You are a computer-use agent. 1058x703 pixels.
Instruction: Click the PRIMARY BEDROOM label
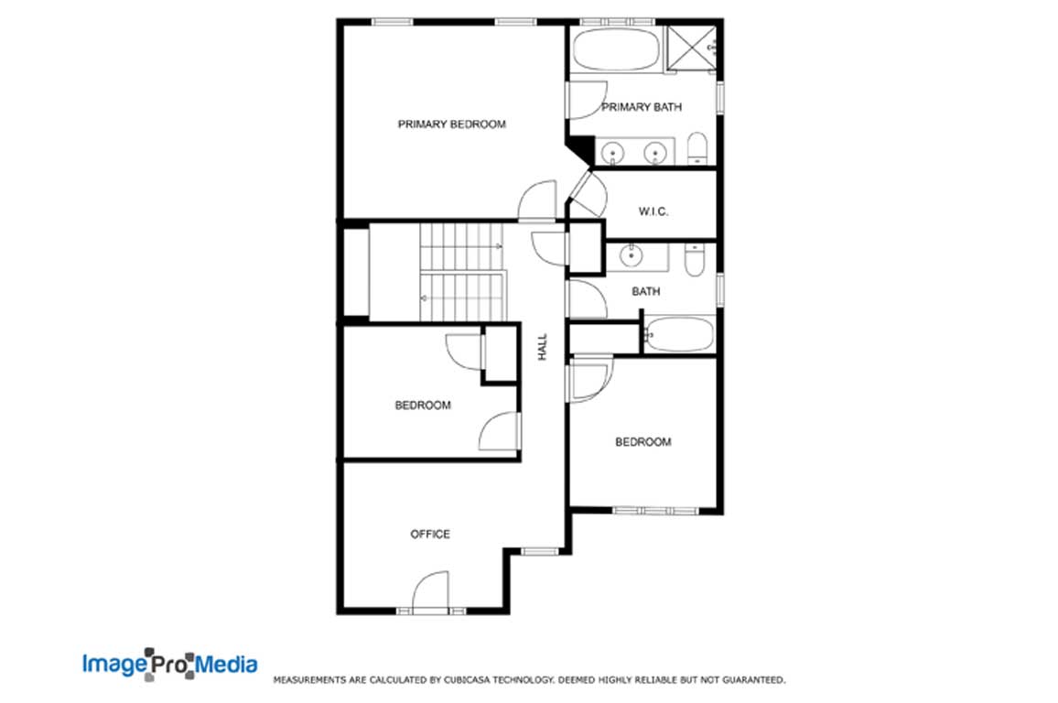451,124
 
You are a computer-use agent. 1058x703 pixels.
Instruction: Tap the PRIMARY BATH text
642,106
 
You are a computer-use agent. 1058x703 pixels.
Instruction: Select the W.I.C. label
653,211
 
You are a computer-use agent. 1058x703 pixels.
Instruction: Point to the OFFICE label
430,535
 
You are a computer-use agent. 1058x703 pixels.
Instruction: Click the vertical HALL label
543,347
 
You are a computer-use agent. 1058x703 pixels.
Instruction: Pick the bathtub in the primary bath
616,49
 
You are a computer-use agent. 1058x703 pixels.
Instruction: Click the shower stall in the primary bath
692,48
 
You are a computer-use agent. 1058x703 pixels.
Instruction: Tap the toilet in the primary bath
697,148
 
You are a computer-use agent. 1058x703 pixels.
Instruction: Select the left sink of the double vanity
612,153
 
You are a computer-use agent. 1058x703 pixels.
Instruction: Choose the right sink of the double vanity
654,153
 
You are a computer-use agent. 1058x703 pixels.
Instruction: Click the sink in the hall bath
631,255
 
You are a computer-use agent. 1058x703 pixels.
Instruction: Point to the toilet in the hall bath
695,260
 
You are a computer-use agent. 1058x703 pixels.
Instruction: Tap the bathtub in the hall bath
679,335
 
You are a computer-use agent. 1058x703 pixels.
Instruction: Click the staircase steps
462,273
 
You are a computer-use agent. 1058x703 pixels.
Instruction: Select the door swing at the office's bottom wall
430,592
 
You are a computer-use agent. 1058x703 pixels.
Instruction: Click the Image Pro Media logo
169,664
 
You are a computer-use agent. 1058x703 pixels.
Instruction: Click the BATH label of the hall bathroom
646,291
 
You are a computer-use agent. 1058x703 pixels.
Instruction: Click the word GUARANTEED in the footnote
754,680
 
